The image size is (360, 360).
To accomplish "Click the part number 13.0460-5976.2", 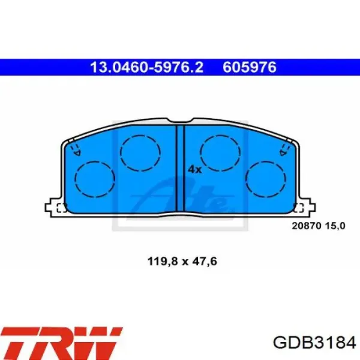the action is [146, 67].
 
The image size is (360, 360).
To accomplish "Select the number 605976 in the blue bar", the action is [250, 67].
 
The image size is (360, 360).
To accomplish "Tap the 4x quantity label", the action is [195, 169].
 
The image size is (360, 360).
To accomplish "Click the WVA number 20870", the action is [307, 226].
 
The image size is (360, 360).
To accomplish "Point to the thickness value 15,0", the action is [335, 226].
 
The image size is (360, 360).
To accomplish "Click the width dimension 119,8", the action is [163, 261].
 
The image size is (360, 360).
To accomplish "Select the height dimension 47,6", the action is [205, 261].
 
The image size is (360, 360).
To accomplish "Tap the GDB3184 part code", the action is [314, 343].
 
